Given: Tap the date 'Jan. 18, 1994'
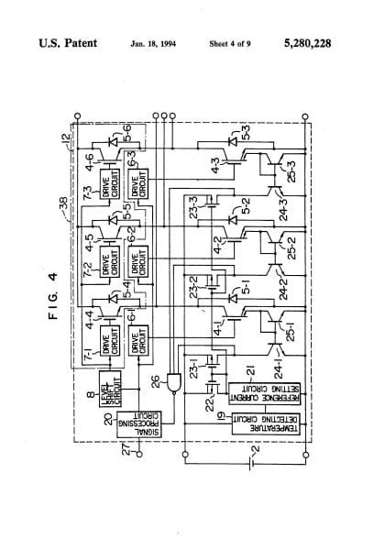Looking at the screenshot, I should coord(152,44).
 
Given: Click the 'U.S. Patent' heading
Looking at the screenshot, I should coord(69,44).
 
